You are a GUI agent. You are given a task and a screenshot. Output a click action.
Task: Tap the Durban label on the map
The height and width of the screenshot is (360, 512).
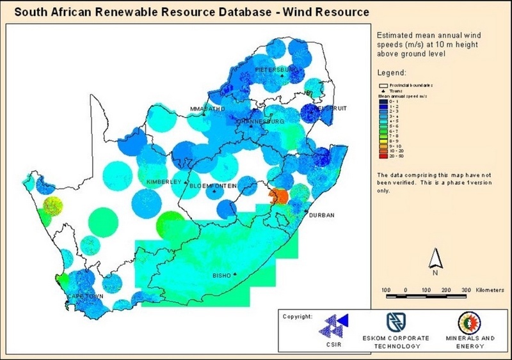321,215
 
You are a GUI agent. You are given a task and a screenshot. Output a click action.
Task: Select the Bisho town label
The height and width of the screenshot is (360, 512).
221,276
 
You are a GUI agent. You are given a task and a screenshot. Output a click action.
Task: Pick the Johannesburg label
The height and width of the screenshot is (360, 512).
259,121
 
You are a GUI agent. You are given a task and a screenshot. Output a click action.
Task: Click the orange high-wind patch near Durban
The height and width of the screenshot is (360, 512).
278,196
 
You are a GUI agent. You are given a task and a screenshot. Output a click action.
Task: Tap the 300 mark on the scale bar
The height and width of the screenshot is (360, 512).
466,290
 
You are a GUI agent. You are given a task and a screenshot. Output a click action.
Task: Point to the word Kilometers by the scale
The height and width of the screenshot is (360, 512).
494,290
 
